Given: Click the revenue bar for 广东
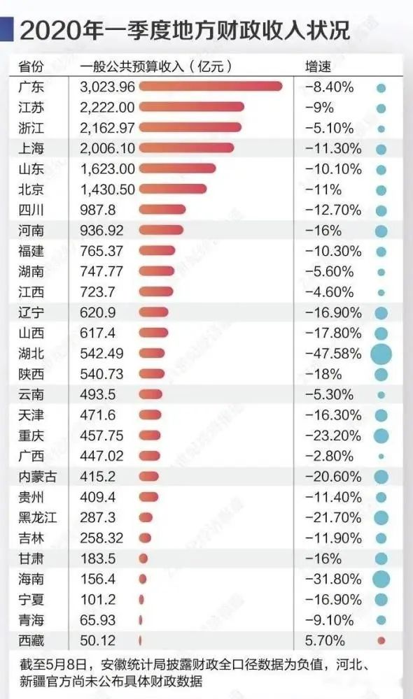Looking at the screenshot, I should click(210, 87).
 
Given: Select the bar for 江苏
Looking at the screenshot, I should click(191, 107).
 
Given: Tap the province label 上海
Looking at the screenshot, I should click(31, 148).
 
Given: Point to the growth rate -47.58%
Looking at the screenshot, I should click(334, 353).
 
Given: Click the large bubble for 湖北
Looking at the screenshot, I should click(381, 354).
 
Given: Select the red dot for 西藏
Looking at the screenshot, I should click(381, 640).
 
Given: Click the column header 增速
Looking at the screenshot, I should click(319, 67).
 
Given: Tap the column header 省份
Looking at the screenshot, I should click(31, 67).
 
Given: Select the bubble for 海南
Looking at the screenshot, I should click(381, 579).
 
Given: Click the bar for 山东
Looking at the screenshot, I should click(177, 168).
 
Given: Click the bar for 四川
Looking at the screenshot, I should click(162, 210).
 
